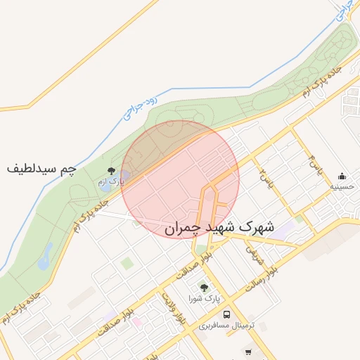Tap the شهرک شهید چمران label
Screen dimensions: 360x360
pos(217,229)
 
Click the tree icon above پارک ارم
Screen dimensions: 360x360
pos(111,170)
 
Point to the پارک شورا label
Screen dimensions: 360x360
pos(205,299)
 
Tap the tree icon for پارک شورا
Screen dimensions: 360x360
pos(205,288)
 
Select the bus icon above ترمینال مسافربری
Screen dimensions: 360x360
pos(226,314)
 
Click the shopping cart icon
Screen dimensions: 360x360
pos(248,352)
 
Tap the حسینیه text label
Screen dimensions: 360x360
pos(342,188)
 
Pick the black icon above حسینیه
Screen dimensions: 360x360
pos(342,176)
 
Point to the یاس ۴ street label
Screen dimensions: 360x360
pos(319,169)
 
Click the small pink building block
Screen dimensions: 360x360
pos(137,323)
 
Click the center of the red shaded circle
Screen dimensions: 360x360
pos(180,179)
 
